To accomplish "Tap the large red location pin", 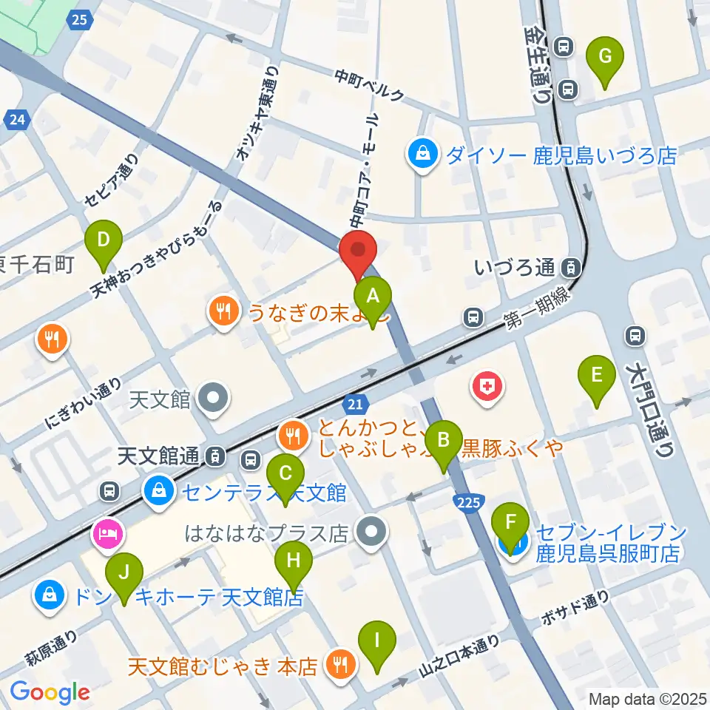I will pos(358,254).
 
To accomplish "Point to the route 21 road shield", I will pos(356,404).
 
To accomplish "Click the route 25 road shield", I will pos(81,19).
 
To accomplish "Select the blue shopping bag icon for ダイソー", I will pos(422,155).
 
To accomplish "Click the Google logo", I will pos(50,692).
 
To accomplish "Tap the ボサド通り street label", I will pos(575,608).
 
